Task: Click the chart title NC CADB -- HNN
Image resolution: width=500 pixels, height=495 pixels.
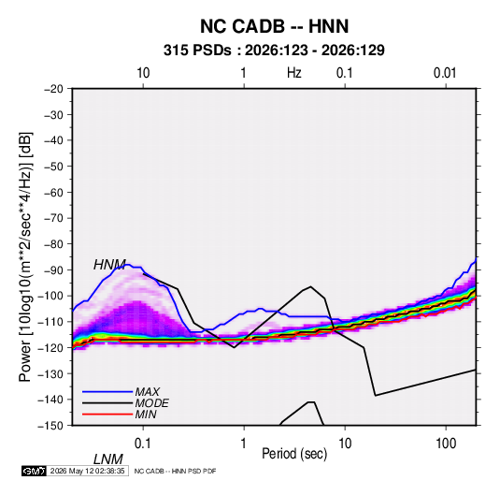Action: pos(274,26)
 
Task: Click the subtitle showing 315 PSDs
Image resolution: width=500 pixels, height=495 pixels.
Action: pos(274,51)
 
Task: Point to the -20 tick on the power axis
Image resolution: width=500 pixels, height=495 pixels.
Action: pos(53,89)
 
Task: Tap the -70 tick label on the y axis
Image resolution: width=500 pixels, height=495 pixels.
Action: pos(53,218)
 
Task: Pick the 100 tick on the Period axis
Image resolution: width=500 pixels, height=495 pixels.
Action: pos(446,444)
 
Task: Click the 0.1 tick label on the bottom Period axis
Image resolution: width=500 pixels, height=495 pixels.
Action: pos(143,444)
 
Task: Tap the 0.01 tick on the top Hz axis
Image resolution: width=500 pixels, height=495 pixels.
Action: pos(445,73)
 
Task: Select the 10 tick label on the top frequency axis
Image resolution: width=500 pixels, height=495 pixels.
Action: pos(143,73)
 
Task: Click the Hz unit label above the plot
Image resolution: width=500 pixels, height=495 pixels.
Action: pos(294,73)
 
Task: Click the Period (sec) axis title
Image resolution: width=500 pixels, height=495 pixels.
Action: pos(294,454)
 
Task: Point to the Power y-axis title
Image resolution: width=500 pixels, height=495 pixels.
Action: pos(25,257)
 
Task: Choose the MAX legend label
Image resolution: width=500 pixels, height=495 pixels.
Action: pos(147,392)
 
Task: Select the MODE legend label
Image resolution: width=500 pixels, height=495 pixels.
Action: pos(151,403)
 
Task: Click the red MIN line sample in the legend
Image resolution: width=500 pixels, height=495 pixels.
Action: pos(107,415)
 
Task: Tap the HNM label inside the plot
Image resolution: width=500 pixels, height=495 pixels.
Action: pos(109,265)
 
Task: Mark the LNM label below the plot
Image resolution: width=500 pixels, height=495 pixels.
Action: pos(107,459)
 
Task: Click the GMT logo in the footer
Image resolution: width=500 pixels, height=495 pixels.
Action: pos(34,471)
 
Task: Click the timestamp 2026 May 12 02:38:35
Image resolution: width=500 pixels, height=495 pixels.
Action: pos(87,471)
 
